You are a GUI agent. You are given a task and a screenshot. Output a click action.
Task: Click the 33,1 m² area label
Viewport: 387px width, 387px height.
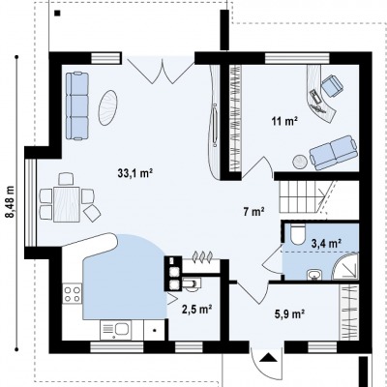click(134, 173)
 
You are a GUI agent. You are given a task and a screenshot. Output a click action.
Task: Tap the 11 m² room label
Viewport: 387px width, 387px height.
click(284, 122)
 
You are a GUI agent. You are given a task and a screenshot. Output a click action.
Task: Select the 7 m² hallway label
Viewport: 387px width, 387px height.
click(253, 212)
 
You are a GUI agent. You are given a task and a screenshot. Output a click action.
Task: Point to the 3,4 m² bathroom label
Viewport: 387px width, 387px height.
click(326, 243)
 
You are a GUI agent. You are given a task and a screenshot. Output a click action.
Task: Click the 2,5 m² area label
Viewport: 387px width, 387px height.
click(196, 310)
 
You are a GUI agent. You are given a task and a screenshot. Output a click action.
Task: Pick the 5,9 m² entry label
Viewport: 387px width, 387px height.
click(290, 313)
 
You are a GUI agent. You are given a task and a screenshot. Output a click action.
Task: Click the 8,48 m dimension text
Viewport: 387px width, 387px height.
click(11, 202)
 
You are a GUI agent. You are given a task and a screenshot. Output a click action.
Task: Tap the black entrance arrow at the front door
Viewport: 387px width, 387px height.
click(267, 358)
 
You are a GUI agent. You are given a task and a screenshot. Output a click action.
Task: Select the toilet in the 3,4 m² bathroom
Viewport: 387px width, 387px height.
click(297, 234)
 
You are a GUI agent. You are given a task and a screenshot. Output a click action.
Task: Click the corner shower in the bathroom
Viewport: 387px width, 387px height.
click(345, 266)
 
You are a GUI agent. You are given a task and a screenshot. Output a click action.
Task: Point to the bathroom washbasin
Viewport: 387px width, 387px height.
click(314, 275)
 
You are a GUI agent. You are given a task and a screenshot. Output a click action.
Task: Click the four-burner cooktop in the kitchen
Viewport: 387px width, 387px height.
click(73, 294)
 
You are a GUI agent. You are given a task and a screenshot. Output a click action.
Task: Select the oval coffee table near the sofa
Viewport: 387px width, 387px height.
click(107, 107)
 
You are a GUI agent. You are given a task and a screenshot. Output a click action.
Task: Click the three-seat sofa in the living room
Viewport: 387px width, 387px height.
click(77, 106)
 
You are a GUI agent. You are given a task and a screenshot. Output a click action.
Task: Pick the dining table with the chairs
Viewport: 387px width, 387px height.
click(67, 204)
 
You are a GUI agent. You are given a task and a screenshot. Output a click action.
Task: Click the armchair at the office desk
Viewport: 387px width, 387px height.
click(332, 85)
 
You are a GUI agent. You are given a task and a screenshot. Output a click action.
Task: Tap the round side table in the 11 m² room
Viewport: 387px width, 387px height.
click(300, 162)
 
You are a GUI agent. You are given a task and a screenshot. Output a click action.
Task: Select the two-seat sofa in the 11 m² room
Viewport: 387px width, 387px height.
click(334, 153)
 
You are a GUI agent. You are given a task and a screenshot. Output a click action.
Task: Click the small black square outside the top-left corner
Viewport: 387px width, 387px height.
click(58, 14)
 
